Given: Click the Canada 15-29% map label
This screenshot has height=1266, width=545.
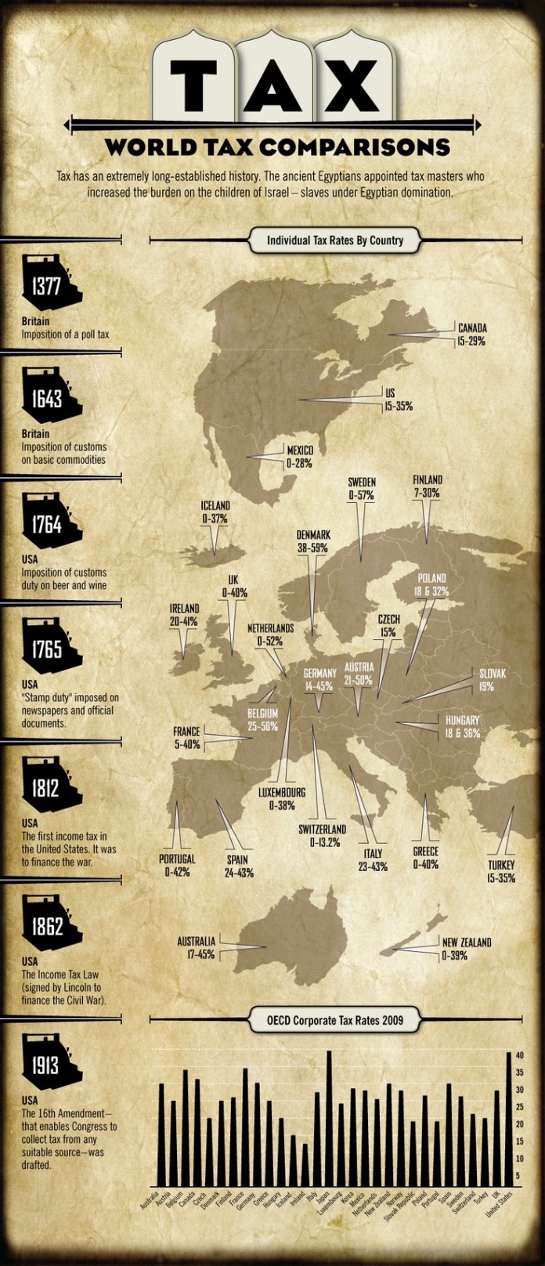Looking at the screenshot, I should pos(471,335).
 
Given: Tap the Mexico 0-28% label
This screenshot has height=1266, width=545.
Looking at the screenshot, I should pos(299,457).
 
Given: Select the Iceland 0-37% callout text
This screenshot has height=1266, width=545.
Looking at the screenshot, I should pos(215,512).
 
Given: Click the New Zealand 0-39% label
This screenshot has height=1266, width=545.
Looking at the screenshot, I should pos(466,949).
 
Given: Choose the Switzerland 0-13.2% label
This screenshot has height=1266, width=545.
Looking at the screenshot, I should pos(322,835).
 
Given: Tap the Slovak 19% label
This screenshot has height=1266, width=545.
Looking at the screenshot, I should pos(492,680).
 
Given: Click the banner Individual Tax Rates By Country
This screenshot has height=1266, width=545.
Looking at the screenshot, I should pos(334,241).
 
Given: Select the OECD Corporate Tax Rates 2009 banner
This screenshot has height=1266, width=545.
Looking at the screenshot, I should pos(334,1020).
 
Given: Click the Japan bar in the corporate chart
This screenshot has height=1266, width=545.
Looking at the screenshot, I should pos(329,1120).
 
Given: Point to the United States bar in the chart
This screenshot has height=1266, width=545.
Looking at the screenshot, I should pos(508,1120).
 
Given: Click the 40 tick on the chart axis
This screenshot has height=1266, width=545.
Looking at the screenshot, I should pos(519,1056).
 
